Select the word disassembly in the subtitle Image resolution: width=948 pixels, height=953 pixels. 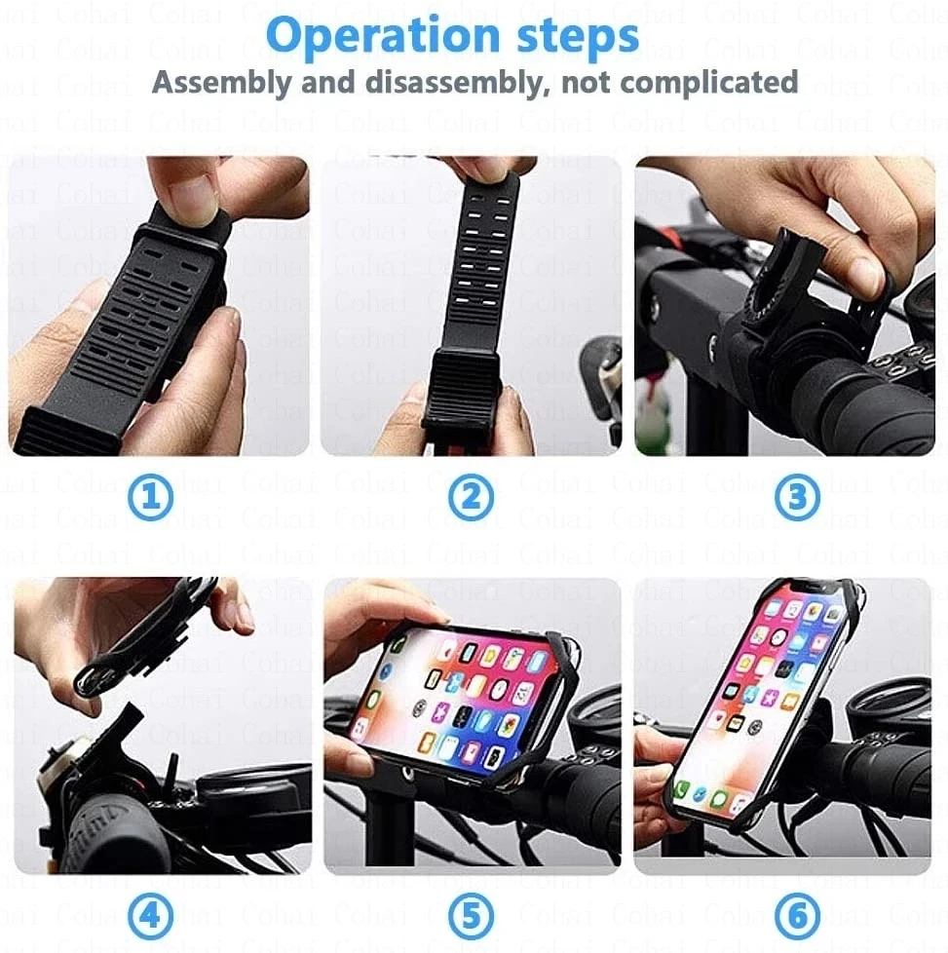click(x=450, y=83)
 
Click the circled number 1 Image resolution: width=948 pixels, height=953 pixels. click(x=151, y=498)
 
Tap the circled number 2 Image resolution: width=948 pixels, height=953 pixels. click(x=471, y=498)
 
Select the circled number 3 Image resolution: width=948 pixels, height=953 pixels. click(x=796, y=498)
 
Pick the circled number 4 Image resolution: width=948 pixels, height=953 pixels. click(x=151, y=916)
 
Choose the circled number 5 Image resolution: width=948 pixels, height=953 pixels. click(x=471, y=916)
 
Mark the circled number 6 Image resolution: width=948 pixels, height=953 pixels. click(x=796, y=916)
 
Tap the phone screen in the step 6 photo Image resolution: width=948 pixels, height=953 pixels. click(x=755, y=702)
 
